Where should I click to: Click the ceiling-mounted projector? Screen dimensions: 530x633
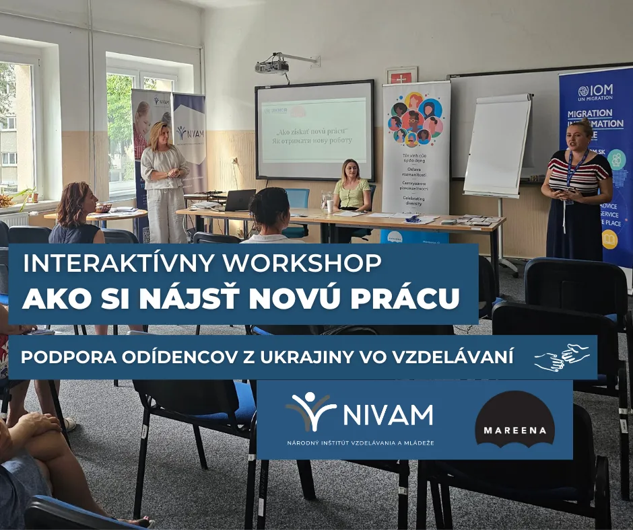(273, 66)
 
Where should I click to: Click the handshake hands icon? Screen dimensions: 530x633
(561, 357)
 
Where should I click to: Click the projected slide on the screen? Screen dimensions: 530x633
(314, 130)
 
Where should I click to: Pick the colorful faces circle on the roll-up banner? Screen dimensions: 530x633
(415, 118)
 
